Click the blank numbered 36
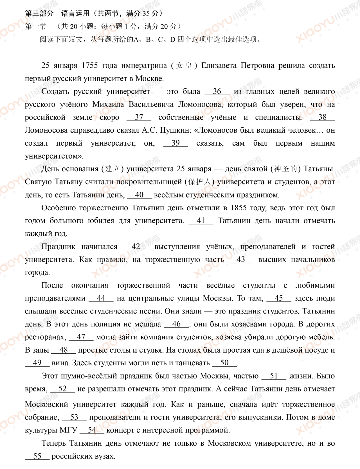click(x=217, y=92)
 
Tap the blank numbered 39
click(x=176, y=143)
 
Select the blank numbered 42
click(x=136, y=247)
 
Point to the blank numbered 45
click(x=279, y=298)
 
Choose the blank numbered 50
click(x=224, y=363)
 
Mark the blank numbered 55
click(x=37, y=456)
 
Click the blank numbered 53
click(x=74, y=417)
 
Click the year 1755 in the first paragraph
click(x=90, y=66)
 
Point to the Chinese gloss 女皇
click(x=184, y=66)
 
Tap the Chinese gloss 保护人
click(x=199, y=182)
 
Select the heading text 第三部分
click(x=39, y=13)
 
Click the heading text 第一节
click(x=36, y=26)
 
